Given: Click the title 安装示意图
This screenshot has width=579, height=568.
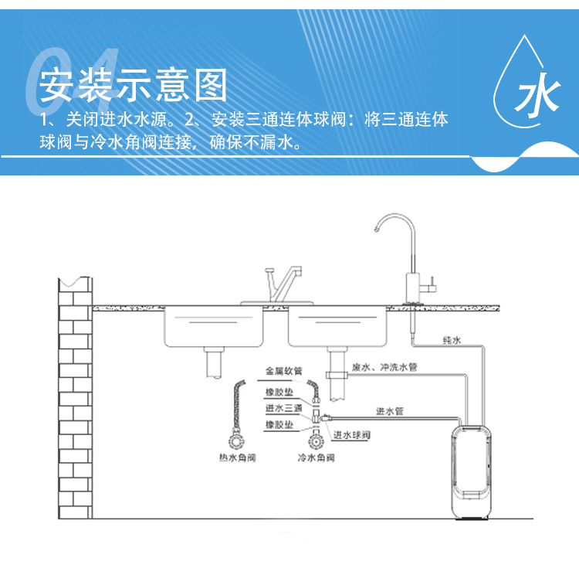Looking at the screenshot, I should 133,84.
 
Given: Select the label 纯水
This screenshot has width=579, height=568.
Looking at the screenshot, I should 452,340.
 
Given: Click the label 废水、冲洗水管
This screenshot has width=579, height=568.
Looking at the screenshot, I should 384,368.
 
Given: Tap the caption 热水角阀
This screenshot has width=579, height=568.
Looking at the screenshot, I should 236,458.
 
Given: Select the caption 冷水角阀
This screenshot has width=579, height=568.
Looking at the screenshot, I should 316,458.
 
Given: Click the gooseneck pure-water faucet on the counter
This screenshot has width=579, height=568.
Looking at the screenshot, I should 402,255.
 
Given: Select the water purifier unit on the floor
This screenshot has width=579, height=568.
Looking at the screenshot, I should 472,468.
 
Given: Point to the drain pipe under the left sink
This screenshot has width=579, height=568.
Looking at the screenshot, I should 213,362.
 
